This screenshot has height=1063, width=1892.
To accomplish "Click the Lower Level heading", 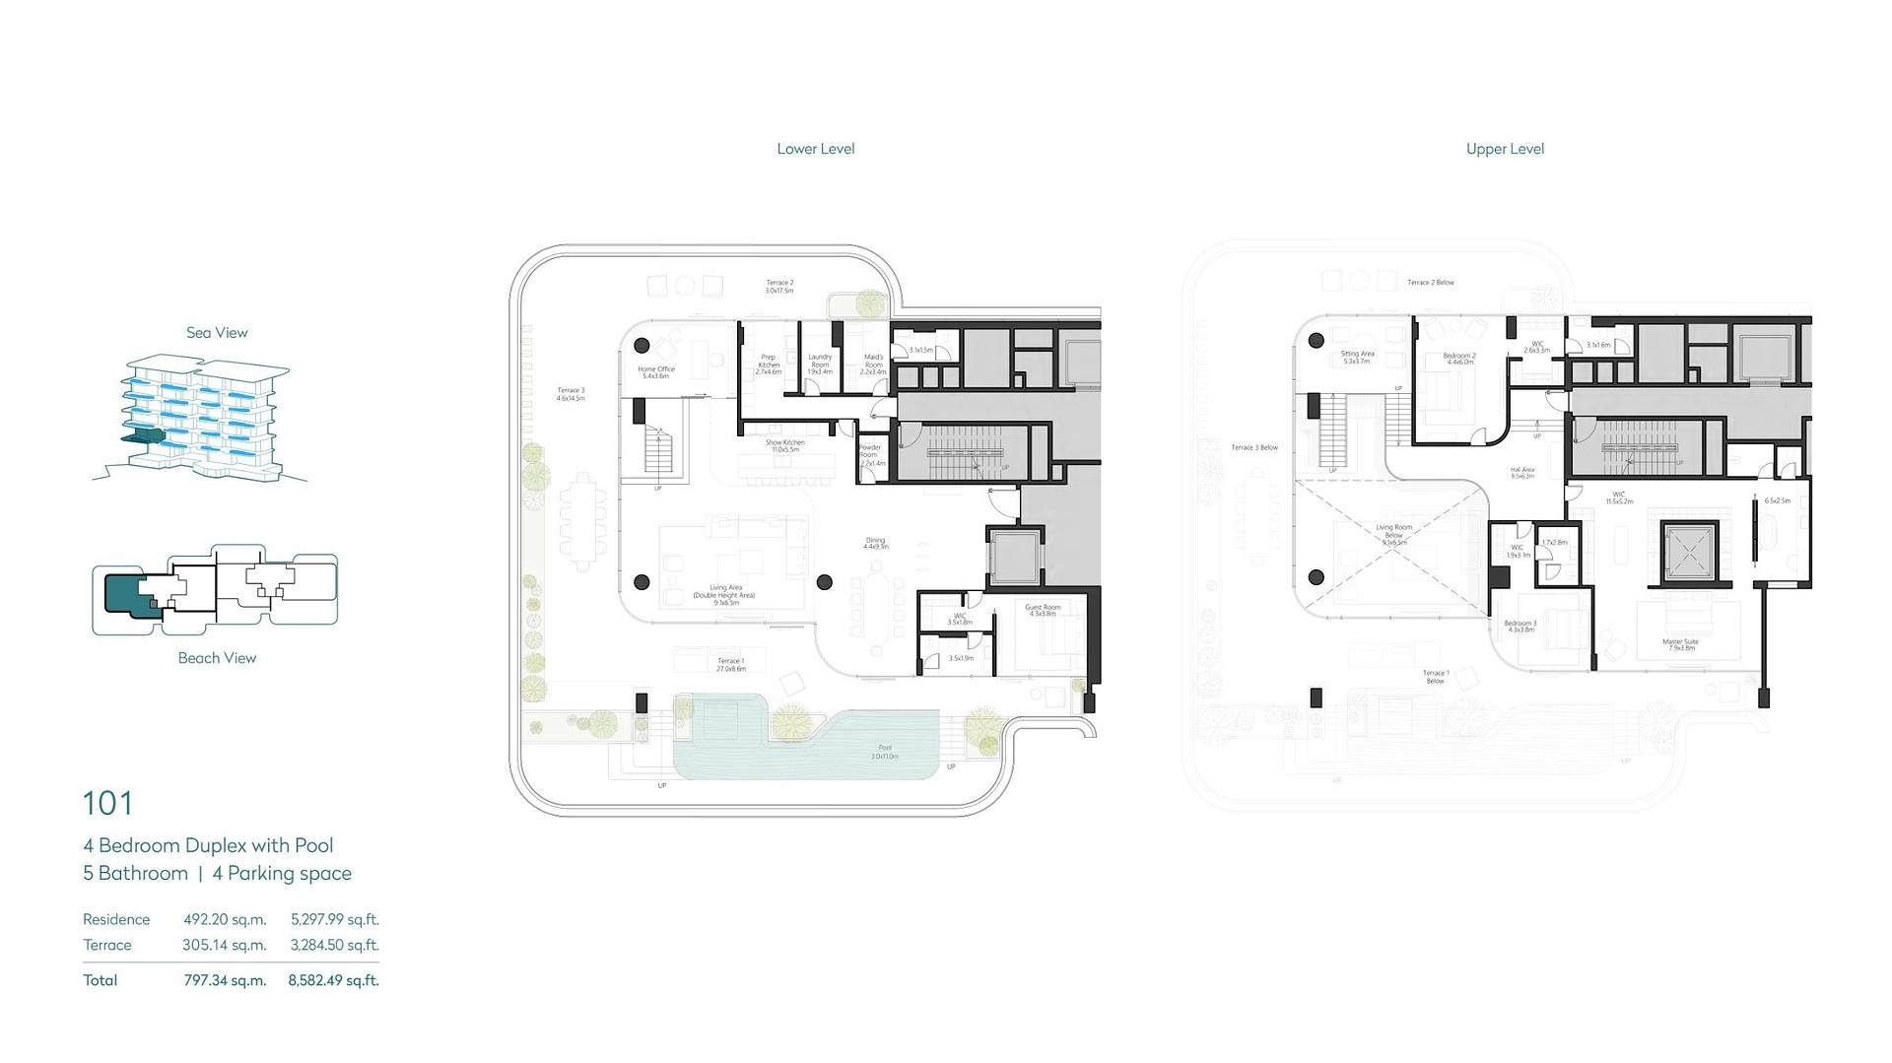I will (x=815, y=149).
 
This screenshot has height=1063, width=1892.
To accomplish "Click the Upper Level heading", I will (x=1505, y=149).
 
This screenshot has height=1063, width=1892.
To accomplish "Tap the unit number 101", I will (x=107, y=804).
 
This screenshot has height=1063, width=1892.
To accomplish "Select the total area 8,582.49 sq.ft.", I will (x=333, y=980).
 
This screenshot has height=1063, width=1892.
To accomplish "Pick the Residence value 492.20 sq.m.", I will (x=225, y=919).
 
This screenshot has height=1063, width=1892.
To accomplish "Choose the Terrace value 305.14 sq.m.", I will (x=225, y=945).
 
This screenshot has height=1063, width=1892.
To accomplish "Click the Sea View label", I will (x=217, y=333).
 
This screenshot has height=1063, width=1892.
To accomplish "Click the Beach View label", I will (x=217, y=658).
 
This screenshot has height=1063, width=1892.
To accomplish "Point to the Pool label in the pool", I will (x=885, y=749).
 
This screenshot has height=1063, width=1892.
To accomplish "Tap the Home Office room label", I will (x=656, y=369).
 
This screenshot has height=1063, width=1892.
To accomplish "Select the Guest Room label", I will (x=1043, y=608).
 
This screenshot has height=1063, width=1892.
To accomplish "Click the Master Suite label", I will (x=1680, y=642).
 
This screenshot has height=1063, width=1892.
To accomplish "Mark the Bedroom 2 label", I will (x=1459, y=356).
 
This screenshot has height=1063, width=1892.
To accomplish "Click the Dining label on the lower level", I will (x=875, y=540).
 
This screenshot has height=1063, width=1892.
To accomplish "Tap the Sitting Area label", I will (x=1357, y=354).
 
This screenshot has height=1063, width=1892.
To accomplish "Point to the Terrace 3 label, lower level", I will (x=571, y=391).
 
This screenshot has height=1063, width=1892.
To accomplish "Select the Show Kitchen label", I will (x=785, y=443).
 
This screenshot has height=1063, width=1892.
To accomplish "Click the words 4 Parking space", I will (x=282, y=874).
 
